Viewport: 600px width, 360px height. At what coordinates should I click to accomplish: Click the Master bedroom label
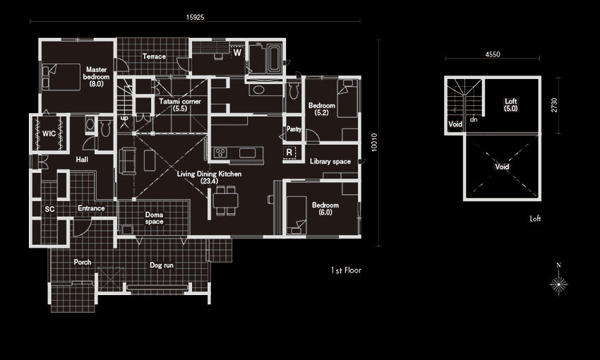point(97,76)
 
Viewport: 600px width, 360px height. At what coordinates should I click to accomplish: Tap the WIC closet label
point(49,133)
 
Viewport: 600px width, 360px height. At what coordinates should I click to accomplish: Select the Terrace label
point(154,56)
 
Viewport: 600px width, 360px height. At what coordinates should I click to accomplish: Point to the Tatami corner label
point(180,105)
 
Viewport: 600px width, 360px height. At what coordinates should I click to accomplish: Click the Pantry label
point(294,129)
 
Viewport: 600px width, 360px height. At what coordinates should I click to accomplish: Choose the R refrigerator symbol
point(289,152)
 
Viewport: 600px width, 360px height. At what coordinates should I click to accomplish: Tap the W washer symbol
point(238,52)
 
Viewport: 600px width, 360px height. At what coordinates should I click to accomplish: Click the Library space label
point(330,162)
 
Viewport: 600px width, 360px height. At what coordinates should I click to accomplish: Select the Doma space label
point(154,218)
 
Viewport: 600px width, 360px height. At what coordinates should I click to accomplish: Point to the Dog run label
point(162,265)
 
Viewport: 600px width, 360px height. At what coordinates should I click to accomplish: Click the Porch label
point(83,262)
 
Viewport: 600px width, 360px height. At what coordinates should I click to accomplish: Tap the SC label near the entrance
point(49,209)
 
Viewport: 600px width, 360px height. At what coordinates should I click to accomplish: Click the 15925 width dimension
point(195,17)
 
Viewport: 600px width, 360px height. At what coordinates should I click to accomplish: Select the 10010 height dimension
point(374,143)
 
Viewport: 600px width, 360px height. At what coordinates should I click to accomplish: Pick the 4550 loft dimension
point(493,54)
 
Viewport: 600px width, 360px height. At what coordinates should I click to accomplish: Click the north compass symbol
point(558,281)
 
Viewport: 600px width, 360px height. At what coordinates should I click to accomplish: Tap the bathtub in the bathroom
point(275,59)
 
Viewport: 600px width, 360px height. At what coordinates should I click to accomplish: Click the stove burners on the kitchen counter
point(220,153)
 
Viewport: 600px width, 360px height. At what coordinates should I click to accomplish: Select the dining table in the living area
point(226,200)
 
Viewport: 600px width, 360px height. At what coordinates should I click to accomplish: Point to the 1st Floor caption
point(346,270)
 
